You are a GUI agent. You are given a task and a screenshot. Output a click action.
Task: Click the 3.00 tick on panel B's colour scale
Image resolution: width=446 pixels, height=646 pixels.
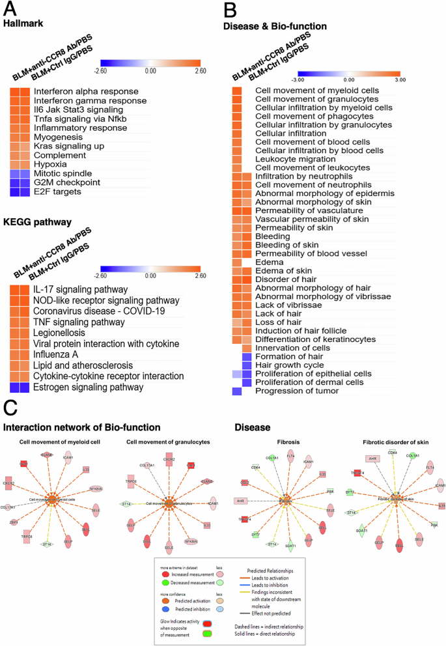tap(399, 79)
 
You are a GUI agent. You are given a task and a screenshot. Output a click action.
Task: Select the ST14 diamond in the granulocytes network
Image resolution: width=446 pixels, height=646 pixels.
tap(124, 504)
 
